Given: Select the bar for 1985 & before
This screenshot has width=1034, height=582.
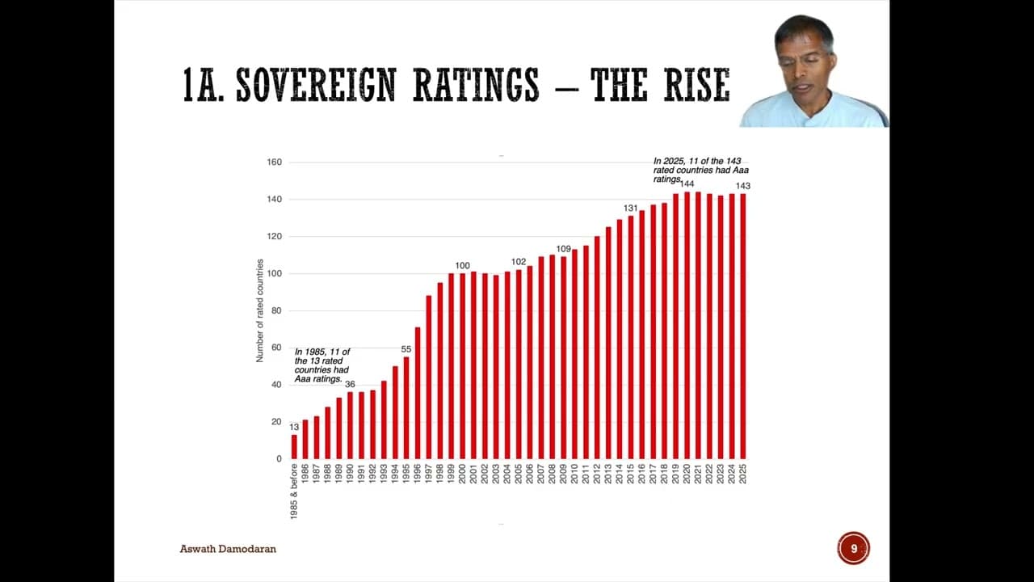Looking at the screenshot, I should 294,447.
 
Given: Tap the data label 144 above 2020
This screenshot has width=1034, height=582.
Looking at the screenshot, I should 687,184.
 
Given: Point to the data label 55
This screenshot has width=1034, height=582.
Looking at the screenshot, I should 406,349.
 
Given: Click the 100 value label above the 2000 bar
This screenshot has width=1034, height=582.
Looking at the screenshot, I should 462,266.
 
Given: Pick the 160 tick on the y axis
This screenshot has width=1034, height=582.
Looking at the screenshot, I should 274,162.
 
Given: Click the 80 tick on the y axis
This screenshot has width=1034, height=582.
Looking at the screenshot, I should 276,310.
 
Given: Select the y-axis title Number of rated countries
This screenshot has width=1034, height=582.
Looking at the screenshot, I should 260,310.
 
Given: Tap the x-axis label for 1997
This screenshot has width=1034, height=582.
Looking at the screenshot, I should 429,473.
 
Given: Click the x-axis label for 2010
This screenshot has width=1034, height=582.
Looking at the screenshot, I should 574,473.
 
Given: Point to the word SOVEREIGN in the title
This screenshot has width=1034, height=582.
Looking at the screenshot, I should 316,86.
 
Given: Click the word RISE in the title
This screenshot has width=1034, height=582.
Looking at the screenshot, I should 696,86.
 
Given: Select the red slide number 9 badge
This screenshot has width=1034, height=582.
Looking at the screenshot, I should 853,549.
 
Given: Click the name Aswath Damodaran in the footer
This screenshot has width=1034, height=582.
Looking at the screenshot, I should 228,549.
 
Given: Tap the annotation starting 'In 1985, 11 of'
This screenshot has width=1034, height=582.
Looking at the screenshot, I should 322,365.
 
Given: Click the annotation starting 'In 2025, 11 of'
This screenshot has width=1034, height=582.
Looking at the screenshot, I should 697,170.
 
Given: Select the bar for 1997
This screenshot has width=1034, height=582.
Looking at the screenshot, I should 429,377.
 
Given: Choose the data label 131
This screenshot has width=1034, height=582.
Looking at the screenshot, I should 630,209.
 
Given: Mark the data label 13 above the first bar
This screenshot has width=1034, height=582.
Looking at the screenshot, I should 294,427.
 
